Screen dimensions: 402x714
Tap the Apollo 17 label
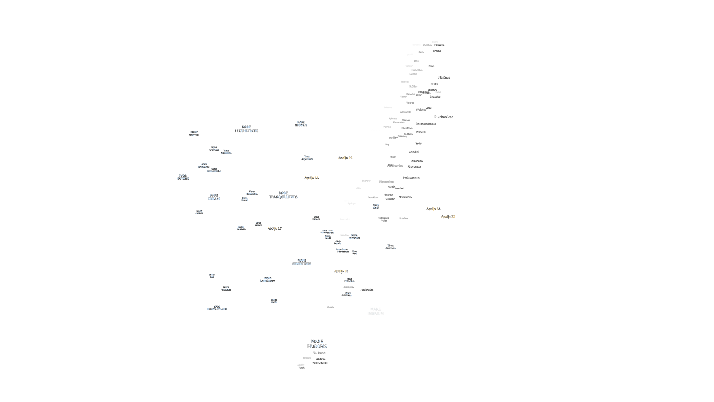tap(274, 228)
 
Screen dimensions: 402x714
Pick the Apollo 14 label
tap(433, 209)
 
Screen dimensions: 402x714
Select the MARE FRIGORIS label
tap(317, 344)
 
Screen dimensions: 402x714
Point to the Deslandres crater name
tap(444, 117)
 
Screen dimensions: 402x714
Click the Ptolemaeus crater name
tap(411, 178)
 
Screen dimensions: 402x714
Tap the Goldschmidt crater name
tap(320, 363)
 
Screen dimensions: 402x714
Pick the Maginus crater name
tap(444, 77)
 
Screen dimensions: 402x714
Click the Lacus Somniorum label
tap(267, 279)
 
